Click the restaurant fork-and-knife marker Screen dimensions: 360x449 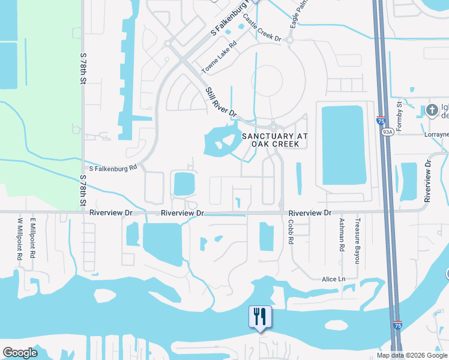(x=260, y=316)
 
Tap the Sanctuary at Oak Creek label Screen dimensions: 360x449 (x=275, y=141)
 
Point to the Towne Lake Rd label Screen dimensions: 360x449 (x=219, y=58)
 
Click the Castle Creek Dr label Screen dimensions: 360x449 (x=262, y=33)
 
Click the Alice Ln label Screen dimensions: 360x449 (x=334, y=279)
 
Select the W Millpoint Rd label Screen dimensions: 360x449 (x=20, y=238)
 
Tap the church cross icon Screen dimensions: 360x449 (x=432, y=110)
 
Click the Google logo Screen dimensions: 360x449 (x=20, y=353)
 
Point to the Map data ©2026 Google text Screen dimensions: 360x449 (x=412, y=355)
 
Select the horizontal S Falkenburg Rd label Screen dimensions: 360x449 (x=113, y=168)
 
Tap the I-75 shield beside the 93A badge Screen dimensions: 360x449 (x=381, y=121)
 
